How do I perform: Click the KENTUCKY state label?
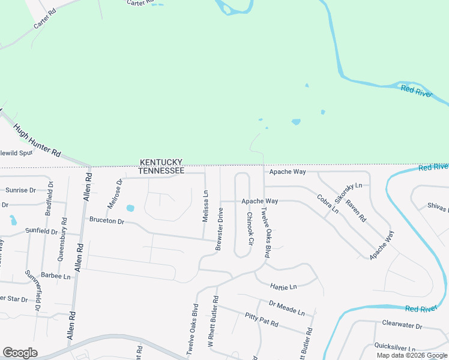point(161,163)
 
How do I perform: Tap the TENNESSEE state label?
point(161,171)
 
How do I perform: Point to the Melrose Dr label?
point(115,193)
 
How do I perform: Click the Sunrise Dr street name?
point(21,190)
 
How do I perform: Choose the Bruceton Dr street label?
point(106,221)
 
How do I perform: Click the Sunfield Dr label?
point(41,230)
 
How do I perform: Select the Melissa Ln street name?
point(205,206)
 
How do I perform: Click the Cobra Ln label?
point(328,204)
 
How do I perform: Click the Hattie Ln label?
point(284,287)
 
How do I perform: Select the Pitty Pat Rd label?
point(262,319)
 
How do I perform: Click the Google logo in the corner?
point(20,353)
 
